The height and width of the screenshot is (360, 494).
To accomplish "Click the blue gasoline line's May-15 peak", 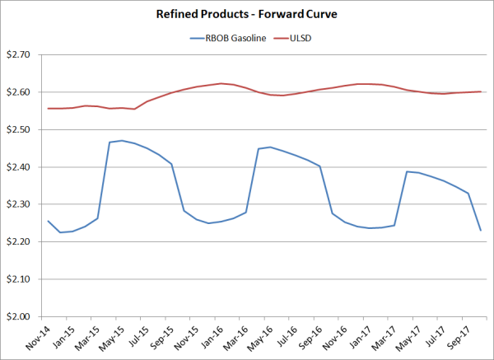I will pos(122,141).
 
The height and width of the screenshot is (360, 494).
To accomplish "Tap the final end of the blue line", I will pos(481,230).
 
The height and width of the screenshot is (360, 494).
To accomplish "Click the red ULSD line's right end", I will pos(481,91).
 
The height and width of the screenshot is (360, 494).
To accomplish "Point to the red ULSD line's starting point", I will pos(47,109).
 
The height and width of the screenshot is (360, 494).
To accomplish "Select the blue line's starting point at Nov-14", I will pos(47,221).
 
